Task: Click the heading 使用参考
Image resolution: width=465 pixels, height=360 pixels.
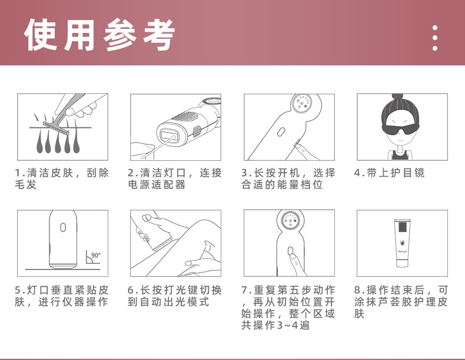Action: tap(99, 34)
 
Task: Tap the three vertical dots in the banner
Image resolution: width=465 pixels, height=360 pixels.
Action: tap(435, 38)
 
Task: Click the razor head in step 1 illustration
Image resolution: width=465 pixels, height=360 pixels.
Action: tap(56, 128)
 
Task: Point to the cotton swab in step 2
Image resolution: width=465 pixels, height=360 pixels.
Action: tap(157, 147)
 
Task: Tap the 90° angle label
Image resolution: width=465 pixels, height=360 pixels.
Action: tap(96, 255)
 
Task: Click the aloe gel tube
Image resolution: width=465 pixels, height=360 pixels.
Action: tap(402, 243)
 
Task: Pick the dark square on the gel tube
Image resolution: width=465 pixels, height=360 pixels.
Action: tap(402, 227)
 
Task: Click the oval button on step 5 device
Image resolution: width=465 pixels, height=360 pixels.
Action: tap(63, 227)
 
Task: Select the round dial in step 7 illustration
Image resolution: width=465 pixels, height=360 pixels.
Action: tap(290, 220)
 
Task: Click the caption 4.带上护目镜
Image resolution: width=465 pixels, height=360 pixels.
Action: tap(389, 173)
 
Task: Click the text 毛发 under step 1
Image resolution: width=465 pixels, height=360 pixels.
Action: tap(26, 184)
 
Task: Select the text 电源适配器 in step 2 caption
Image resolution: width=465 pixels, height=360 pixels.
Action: tap(157, 184)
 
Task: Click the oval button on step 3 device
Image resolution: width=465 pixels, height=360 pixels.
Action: tap(281, 132)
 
